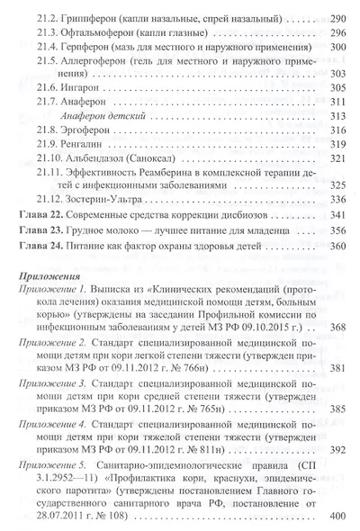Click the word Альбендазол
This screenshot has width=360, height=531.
pos(97,182)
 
